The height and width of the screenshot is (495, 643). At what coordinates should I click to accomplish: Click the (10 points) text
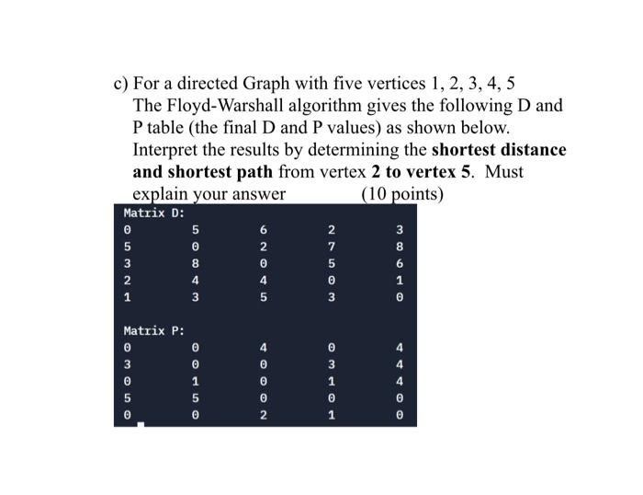[x=402, y=194]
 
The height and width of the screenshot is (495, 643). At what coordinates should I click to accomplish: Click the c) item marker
[x=120, y=83]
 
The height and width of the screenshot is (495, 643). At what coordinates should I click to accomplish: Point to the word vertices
[x=424, y=83]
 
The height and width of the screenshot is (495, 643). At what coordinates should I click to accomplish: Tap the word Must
[x=503, y=172]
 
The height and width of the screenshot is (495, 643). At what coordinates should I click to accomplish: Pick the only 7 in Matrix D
[x=332, y=247]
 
